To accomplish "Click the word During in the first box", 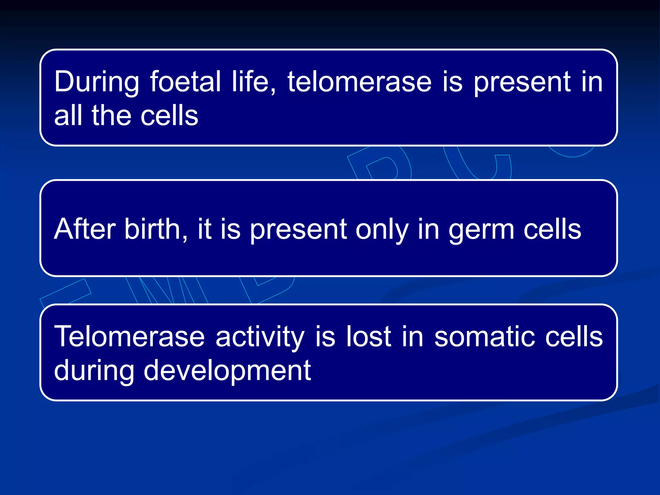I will pos(96,82).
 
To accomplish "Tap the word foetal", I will pos(185,82).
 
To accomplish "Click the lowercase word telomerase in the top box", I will pos(359,82).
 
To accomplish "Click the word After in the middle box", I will pos(84,229).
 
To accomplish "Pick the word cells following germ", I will pos(552,229).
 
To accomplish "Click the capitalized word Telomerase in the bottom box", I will pos(129,337).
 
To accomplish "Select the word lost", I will pos(369,337).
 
